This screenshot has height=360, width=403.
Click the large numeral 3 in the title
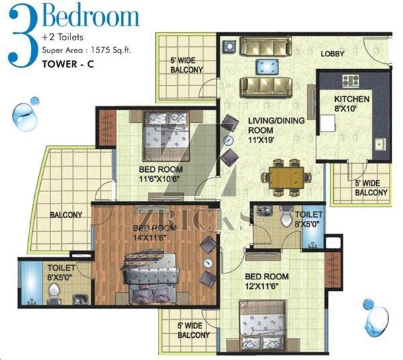click(x=23, y=36)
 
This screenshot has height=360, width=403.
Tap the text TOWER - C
click(x=68, y=64)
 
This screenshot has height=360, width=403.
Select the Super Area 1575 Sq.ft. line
click(x=87, y=50)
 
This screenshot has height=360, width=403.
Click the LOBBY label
click(x=332, y=54)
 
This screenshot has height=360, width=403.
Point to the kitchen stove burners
click(x=351, y=80)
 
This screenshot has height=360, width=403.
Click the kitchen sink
click(x=379, y=144)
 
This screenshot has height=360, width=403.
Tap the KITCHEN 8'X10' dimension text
click(x=351, y=103)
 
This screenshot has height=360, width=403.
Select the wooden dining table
click(x=286, y=177)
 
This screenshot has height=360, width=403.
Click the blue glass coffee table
click(x=267, y=66)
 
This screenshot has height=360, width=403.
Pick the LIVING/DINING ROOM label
click(x=276, y=126)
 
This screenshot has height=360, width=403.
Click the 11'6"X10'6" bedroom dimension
click(x=159, y=179)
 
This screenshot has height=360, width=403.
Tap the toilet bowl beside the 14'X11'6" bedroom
click(x=54, y=291)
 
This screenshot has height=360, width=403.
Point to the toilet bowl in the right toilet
click(x=287, y=219)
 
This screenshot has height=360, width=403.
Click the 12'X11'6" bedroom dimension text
click(x=262, y=285)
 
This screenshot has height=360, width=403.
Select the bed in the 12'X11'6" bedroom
click(x=263, y=326)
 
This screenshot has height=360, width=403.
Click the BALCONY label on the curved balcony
click(x=66, y=215)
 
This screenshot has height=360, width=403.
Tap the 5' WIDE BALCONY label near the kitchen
click(x=371, y=188)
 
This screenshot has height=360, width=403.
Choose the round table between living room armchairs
click(x=228, y=140)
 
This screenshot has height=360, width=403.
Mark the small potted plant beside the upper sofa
click(x=229, y=46)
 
